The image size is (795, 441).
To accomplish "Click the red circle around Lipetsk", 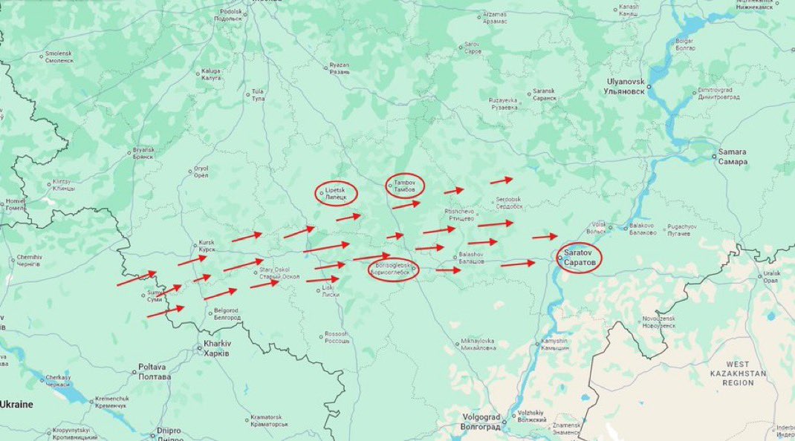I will point(336,194).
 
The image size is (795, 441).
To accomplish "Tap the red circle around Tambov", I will point(405,186).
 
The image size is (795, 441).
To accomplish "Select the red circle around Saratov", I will point(579,258).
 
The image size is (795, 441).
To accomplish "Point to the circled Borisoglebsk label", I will point(393,269).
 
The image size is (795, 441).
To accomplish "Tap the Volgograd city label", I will point(481,421).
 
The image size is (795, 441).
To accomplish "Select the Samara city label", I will point(732,157).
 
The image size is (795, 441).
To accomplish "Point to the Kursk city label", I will point(207,246).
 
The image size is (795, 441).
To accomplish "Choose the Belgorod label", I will point(227,313).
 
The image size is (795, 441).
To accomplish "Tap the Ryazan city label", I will point(340,68).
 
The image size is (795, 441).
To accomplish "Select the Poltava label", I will point(155,372).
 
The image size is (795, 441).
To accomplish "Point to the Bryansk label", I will point(143,152).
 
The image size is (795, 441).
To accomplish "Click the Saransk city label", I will point(545,95).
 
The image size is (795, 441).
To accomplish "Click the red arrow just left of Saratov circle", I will point(545,237).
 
